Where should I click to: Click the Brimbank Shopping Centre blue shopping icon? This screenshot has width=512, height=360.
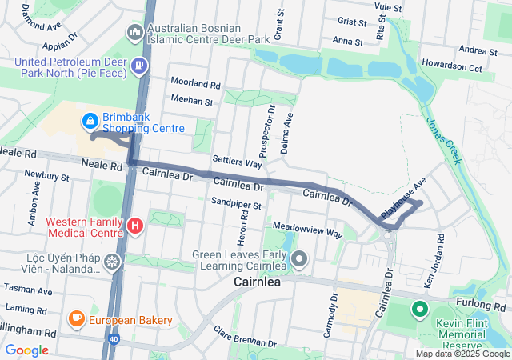(90, 122)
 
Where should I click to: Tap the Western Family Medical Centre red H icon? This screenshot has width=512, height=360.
(135, 226)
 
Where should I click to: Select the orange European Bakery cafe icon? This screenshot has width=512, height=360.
(78, 319)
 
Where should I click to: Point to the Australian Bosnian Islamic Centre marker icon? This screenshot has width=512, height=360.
(134, 32)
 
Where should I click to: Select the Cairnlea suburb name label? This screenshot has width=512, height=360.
(259, 282)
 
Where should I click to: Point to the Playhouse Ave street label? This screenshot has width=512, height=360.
(404, 198)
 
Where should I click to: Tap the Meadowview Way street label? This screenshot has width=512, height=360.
(307, 231)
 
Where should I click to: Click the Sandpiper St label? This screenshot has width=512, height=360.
(236, 206)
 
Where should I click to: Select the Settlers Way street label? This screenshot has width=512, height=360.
(238, 162)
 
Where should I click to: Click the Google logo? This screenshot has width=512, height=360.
(26, 350)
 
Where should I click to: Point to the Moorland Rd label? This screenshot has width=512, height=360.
(195, 84)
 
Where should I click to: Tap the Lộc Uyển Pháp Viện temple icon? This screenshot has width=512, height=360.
(111, 261)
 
